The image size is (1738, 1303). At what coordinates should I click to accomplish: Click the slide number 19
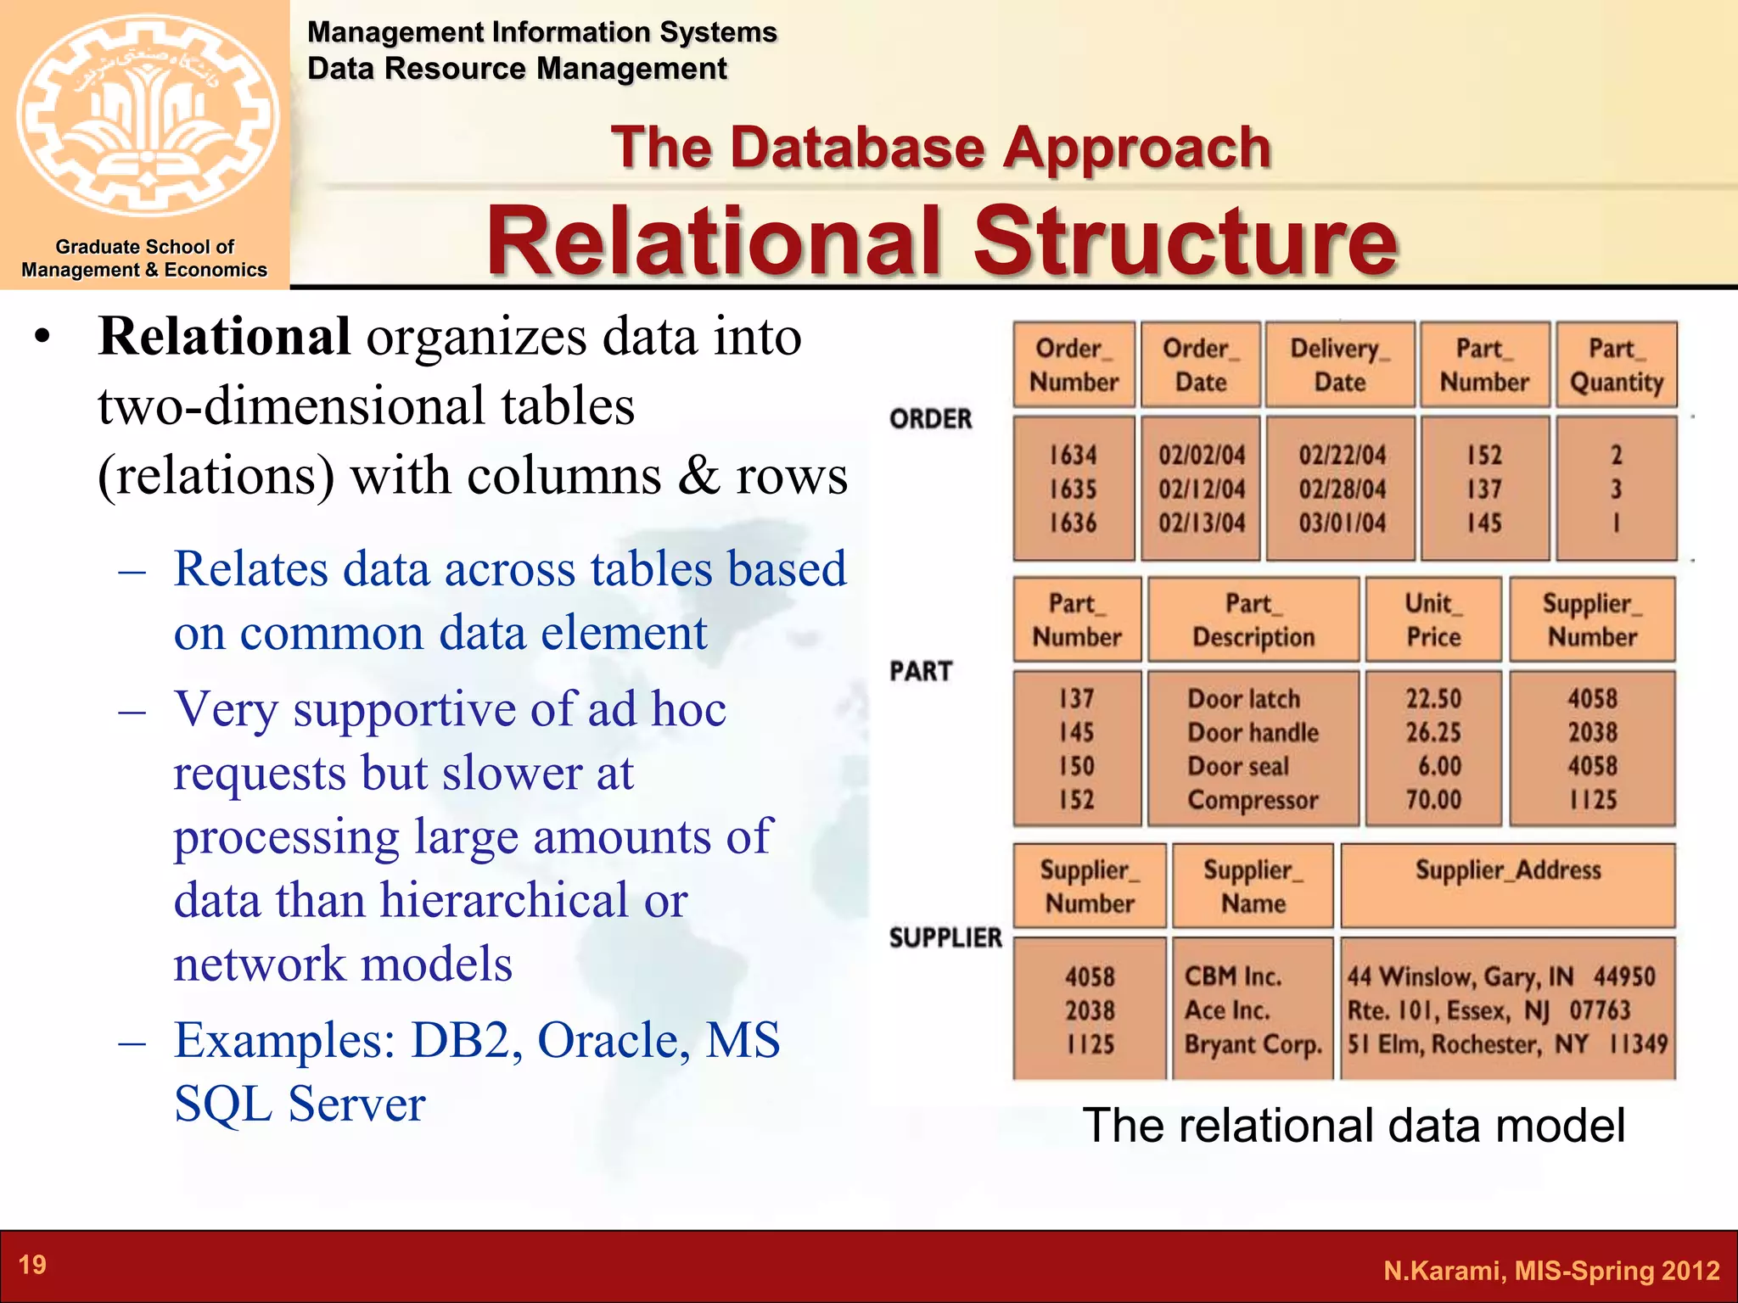tap(32, 1265)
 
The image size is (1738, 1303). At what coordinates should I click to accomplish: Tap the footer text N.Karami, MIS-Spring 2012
tap(1551, 1270)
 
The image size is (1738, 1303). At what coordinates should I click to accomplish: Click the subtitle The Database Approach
tap(940, 148)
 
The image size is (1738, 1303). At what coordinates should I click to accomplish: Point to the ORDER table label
tap(931, 419)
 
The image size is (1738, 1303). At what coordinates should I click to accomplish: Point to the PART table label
tap(921, 671)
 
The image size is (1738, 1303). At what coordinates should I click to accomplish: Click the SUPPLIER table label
tap(945, 937)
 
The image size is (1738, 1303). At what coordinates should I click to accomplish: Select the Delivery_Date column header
tap(1340, 365)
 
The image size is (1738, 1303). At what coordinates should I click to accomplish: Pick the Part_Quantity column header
tap(1616, 365)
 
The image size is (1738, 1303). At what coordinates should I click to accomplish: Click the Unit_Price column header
tap(1433, 620)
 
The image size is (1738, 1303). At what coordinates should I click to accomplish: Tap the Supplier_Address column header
tap(1508, 870)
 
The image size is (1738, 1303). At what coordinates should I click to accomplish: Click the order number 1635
tap(1074, 489)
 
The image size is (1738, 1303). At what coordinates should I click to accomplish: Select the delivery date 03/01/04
tap(1342, 523)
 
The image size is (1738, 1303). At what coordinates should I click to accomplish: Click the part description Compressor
tap(1253, 800)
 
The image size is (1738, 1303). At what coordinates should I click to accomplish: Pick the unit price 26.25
tap(1433, 732)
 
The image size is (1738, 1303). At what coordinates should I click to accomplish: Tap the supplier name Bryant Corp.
tap(1253, 1044)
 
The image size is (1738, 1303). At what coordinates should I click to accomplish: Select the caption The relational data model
tap(1354, 1126)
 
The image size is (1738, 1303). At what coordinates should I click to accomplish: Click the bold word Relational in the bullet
tap(224, 337)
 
